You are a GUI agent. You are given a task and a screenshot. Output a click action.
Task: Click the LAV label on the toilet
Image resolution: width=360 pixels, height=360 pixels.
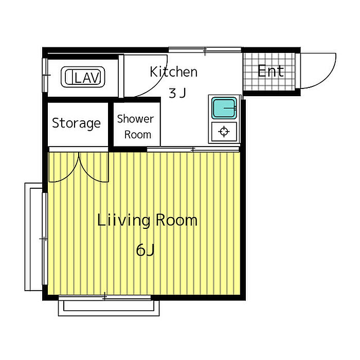point(87,78)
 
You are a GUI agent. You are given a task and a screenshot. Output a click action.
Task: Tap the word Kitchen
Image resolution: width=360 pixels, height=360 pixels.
point(174,71)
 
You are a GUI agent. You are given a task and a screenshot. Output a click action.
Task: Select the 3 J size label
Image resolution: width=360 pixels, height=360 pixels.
point(177,93)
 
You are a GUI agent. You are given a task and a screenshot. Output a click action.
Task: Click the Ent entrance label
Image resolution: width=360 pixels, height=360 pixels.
point(271,71)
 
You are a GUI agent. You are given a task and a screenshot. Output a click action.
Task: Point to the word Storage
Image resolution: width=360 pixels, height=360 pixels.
point(77,123)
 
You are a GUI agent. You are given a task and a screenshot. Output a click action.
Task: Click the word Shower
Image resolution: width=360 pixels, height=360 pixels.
point(135,119)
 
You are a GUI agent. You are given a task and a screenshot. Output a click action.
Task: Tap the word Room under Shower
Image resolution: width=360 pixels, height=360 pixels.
point(138,135)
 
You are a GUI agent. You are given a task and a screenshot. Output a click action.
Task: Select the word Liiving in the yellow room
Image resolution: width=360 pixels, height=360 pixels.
point(124,221)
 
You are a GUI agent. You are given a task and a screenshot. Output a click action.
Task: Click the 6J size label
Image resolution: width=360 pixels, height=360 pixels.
point(145,250)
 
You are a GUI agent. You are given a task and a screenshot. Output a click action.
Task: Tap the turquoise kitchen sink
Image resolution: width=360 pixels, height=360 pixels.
point(224,108)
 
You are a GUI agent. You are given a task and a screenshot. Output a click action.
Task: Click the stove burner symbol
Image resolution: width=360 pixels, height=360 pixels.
point(224,132)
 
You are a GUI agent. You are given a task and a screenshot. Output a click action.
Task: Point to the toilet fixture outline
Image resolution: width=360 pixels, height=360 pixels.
point(83,77)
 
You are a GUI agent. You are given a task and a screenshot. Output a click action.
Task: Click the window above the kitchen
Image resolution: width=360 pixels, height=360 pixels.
point(205,50)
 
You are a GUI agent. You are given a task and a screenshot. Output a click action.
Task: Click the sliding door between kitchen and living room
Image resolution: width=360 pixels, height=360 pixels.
point(193,150)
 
